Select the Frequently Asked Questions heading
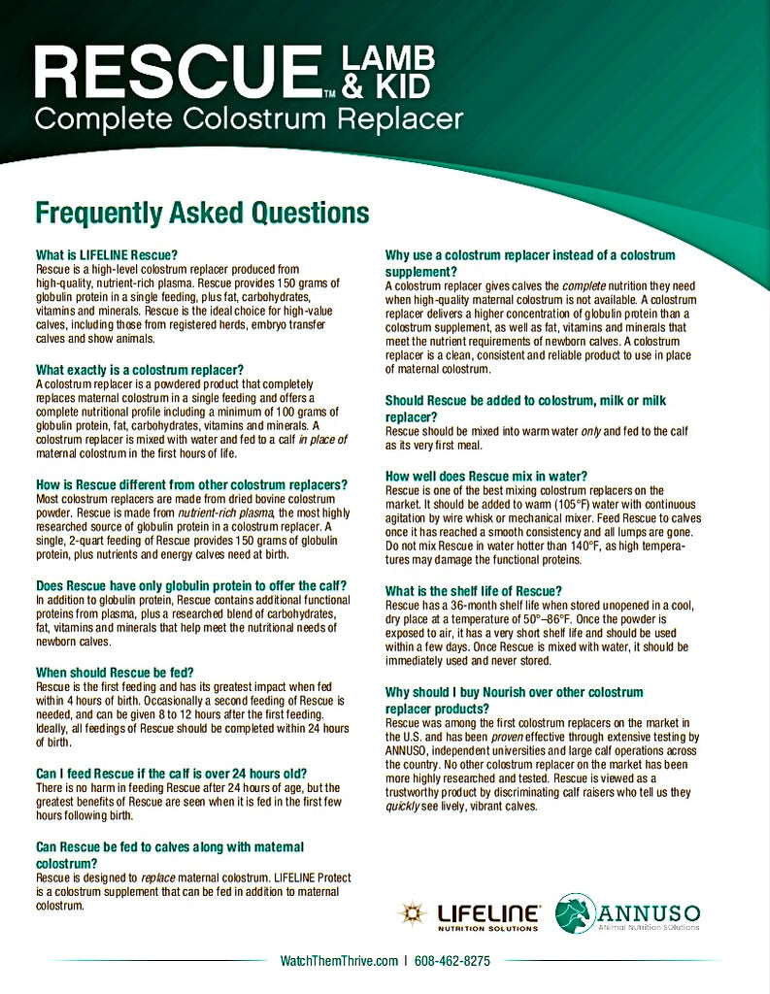point(202,213)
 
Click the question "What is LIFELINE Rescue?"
point(107,255)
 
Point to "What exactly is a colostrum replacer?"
point(139,370)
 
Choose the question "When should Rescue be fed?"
point(115,672)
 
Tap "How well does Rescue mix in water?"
point(486,477)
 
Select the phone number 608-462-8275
point(452,961)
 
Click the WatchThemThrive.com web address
point(339,961)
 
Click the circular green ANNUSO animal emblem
point(576,913)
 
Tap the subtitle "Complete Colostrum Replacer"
point(249,119)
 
